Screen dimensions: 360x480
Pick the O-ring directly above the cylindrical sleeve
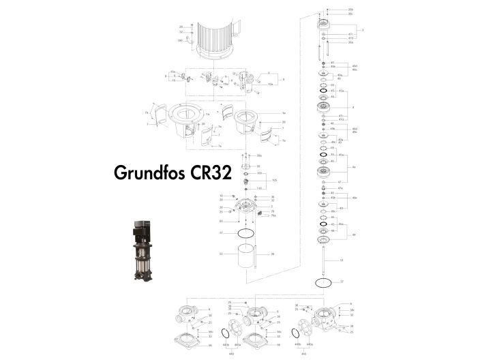(244, 233)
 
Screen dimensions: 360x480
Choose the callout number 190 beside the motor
(180, 40)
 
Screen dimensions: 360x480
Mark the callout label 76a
(273, 215)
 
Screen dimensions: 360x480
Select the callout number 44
(353, 235)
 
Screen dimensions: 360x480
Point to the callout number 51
(342, 260)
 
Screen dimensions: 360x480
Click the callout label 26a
(350, 42)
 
